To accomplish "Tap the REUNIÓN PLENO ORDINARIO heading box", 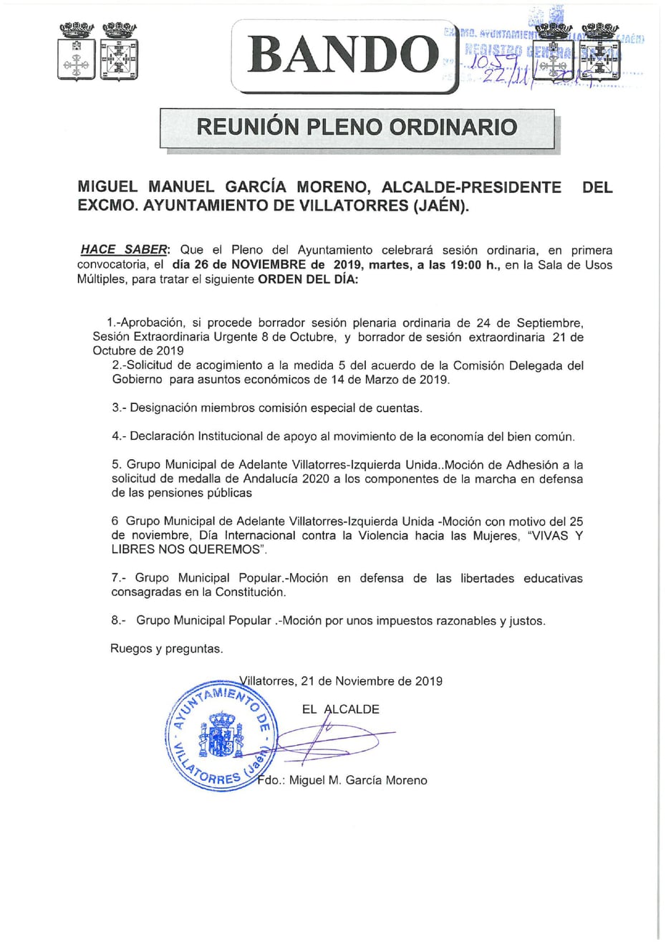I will tap(357, 128).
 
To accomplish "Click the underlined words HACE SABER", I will tap(125, 249).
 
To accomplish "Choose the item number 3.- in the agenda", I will tap(120, 408).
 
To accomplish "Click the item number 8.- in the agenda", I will tap(119, 621).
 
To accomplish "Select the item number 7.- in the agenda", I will tap(119, 577).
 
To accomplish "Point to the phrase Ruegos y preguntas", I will tap(166, 649).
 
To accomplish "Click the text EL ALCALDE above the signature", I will tap(341, 709).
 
